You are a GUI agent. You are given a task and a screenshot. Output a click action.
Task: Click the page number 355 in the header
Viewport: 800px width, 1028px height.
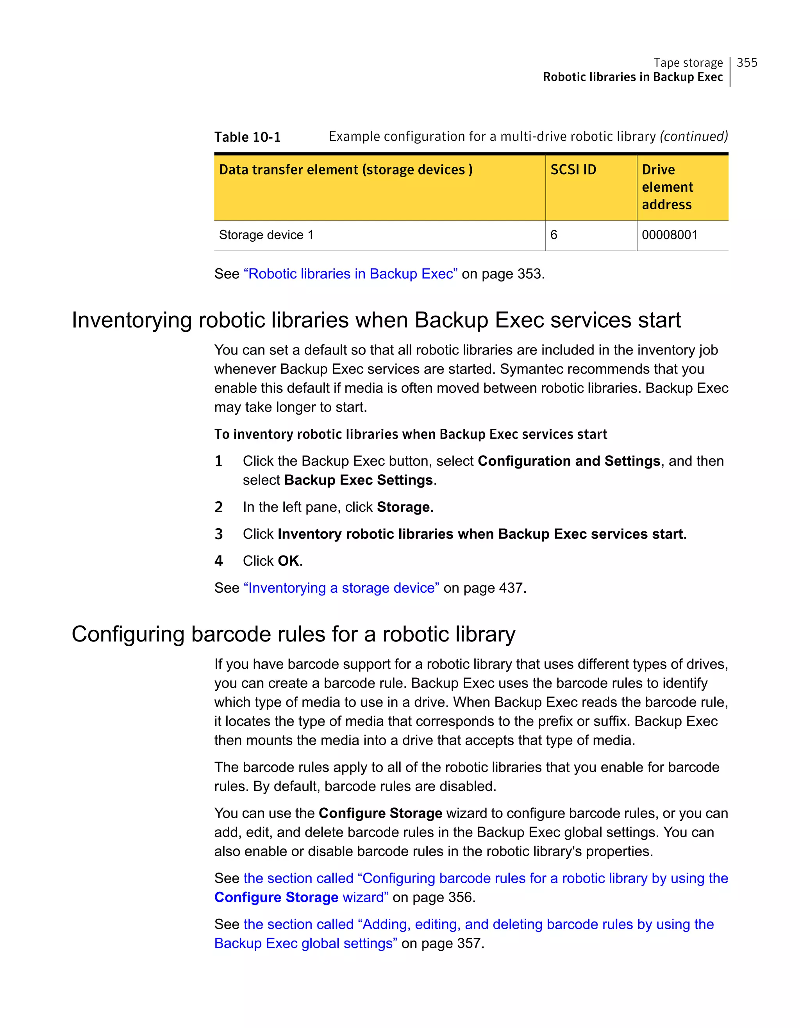point(747,62)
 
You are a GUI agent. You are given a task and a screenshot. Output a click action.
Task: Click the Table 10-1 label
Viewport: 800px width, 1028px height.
point(247,137)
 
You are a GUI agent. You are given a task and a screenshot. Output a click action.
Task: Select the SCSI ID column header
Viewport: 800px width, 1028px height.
point(573,169)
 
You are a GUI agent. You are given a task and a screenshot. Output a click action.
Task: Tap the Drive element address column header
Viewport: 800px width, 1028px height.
point(667,187)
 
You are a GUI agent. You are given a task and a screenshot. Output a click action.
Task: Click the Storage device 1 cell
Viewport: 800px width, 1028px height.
point(266,235)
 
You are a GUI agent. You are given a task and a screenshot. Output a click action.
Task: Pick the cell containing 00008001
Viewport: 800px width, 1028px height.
point(669,235)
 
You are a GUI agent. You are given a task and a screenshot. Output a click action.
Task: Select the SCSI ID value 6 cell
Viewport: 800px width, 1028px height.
point(554,235)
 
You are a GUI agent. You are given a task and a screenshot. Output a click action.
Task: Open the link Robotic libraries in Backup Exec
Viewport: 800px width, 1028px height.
point(350,274)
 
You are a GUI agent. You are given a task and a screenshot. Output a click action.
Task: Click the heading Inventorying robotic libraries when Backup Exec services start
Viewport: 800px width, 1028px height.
point(376,320)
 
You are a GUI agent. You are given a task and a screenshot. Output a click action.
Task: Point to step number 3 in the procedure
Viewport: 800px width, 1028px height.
point(218,534)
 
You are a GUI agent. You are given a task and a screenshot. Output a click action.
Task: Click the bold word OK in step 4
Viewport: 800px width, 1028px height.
point(288,561)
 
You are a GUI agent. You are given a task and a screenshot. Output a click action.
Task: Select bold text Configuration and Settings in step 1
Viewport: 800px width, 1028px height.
point(569,461)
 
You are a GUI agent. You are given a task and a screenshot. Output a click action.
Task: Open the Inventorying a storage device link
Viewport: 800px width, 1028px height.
point(341,588)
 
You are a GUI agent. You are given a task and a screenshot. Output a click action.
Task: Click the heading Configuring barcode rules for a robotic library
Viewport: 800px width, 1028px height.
point(293,634)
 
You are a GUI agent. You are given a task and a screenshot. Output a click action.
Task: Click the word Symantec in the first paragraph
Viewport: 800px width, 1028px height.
point(530,369)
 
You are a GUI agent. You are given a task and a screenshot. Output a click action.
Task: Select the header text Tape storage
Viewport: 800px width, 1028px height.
point(688,62)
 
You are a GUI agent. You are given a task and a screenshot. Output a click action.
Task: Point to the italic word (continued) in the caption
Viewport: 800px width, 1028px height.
point(694,137)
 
